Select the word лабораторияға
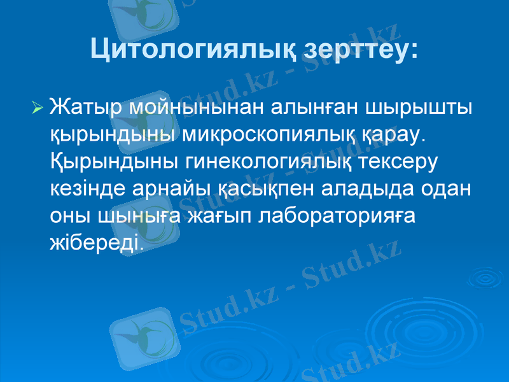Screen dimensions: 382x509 pos(338,216)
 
